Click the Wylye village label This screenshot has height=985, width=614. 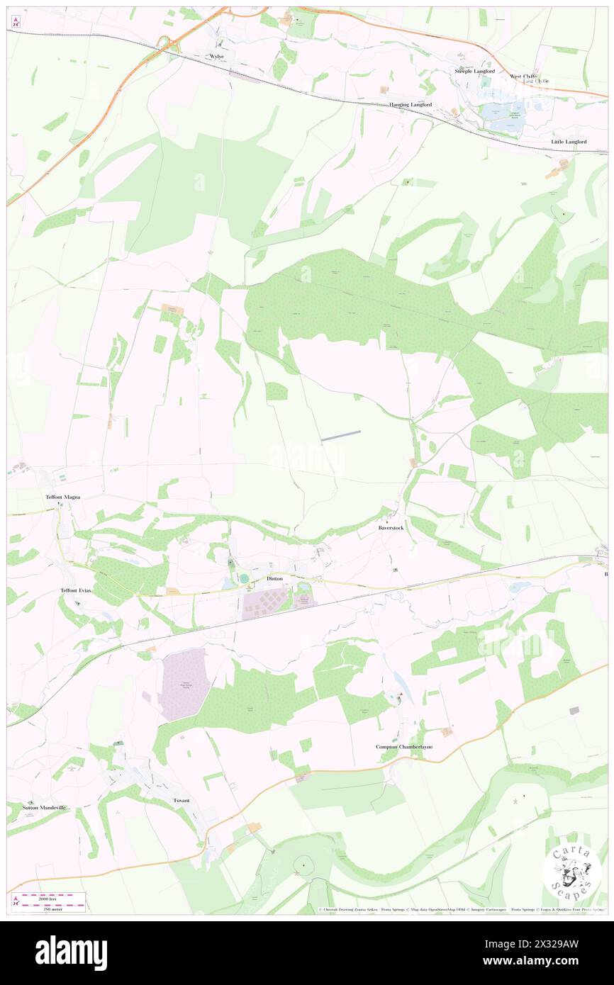(216, 56)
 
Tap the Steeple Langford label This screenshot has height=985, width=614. (477, 71)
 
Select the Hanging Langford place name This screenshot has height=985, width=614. (411, 105)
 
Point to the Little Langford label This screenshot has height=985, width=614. (569, 142)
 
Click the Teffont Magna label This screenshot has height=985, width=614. (62, 497)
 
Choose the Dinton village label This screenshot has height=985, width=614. (274, 579)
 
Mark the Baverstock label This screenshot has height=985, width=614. (391, 528)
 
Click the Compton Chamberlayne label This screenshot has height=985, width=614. (404, 747)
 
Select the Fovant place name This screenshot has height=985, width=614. (182, 800)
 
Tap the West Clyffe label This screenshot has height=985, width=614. (524, 76)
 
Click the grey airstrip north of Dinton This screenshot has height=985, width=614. (341, 436)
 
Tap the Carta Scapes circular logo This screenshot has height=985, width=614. (571, 872)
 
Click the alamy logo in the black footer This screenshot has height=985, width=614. (71, 953)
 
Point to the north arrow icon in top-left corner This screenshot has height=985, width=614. (16, 23)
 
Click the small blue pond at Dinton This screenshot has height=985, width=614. (245, 579)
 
